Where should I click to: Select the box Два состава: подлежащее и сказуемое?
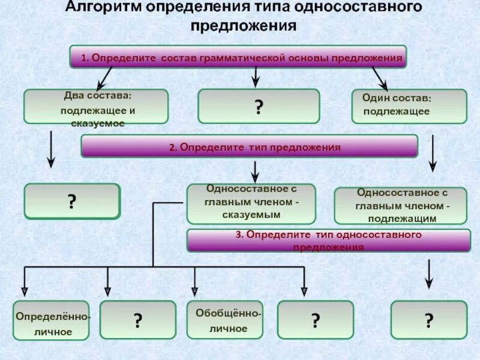(x=95, y=107)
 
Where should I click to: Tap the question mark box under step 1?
(x=259, y=106)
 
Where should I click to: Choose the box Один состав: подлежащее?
(x=409, y=106)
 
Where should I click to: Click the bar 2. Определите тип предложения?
(x=249, y=146)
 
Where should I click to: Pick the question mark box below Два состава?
(x=72, y=200)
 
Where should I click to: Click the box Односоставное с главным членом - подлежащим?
(x=400, y=205)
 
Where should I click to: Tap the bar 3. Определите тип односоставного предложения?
(x=328, y=240)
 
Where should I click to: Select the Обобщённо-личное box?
(x=225, y=320)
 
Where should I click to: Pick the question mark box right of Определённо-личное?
(x=137, y=320)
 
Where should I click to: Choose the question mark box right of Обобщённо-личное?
(x=315, y=320)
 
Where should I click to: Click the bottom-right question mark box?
(x=428, y=319)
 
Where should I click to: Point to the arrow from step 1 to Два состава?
(x=104, y=77)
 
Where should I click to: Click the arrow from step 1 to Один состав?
(x=379, y=78)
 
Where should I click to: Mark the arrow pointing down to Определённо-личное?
(x=24, y=281)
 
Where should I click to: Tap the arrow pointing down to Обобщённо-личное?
(x=194, y=281)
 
